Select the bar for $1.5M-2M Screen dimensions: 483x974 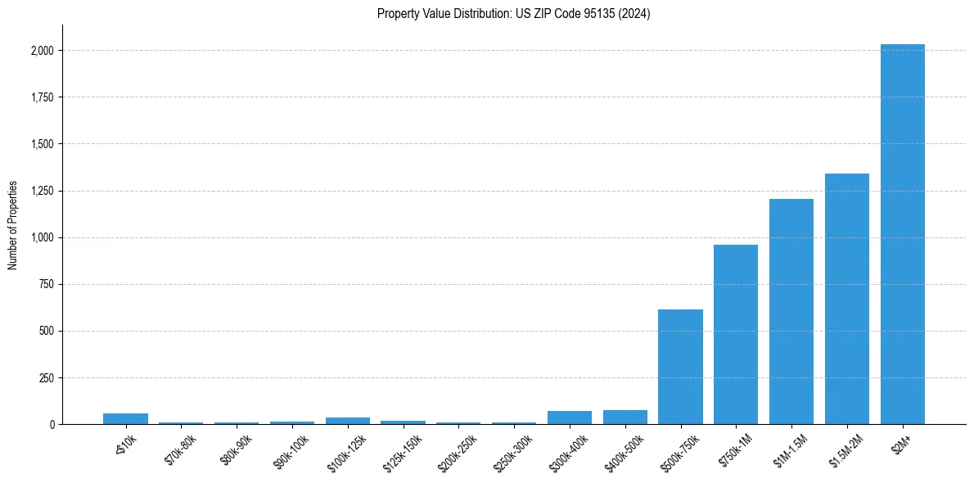[x=846, y=299]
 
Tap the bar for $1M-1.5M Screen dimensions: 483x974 [x=791, y=311]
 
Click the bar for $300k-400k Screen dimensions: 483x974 [x=570, y=418]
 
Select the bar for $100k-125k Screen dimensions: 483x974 [x=348, y=421]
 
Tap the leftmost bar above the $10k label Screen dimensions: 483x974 [x=125, y=419]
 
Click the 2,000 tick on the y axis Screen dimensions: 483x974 [x=43, y=51]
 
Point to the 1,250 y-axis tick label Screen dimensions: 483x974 [x=43, y=191]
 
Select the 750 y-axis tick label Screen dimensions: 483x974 [x=47, y=284]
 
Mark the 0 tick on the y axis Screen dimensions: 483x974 [x=52, y=424]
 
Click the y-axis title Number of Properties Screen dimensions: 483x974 [x=12, y=224]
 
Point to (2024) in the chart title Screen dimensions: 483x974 [x=634, y=14]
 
